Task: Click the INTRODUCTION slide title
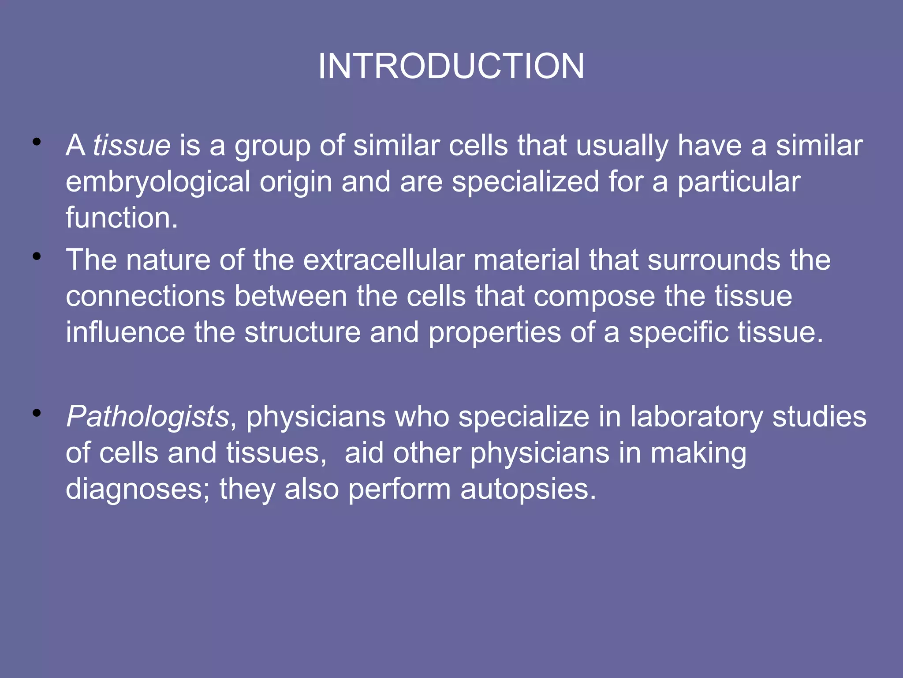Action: [451, 66]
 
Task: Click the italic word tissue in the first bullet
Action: [131, 145]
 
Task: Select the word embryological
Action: [158, 182]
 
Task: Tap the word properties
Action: [494, 333]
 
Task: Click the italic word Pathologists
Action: [147, 417]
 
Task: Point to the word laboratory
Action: [696, 417]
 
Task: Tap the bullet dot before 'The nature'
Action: [37, 256]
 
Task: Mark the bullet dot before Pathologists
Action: [37, 413]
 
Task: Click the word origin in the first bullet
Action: [295, 182]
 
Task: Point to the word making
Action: [698, 453]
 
